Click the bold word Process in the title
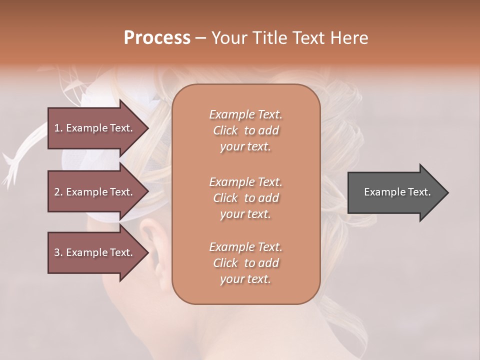pos(157,38)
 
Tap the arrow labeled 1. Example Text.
pos(95,128)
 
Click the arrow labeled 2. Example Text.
pos(95,192)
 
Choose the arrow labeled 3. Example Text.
pos(95,252)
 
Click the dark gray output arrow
pos(395,192)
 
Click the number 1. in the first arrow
pos(58,128)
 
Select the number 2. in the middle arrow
pos(58,192)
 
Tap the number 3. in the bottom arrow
pos(58,252)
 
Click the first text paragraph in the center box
pos(245,130)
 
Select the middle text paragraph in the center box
pos(245,197)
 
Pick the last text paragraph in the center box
pos(245,263)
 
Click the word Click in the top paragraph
pos(225,130)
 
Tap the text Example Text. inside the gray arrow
pos(397,192)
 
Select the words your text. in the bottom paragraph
pos(245,279)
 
